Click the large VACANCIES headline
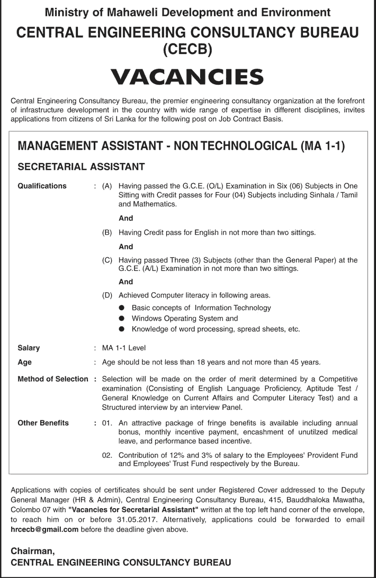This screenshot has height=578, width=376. pyautogui.click(x=188, y=77)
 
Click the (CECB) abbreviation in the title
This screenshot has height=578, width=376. pyautogui.click(x=187, y=50)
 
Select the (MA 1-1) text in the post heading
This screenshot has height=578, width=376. pyautogui.click(x=322, y=146)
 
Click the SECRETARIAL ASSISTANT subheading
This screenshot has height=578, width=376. pyautogui.click(x=81, y=167)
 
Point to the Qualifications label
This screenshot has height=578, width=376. pyautogui.click(x=42, y=186)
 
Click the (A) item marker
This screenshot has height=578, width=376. pyautogui.click(x=108, y=186)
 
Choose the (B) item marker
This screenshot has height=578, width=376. pyautogui.click(x=108, y=232)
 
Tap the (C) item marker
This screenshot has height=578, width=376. pyautogui.click(x=108, y=260)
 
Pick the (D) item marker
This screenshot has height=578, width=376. pyautogui.click(x=108, y=295)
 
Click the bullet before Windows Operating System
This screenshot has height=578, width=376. pyautogui.click(x=122, y=319)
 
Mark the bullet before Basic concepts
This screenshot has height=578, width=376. pyautogui.click(x=122, y=308)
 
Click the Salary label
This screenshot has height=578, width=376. pyautogui.click(x=29, y=348)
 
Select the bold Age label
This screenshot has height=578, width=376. pyautogui.click(x=24, y=362)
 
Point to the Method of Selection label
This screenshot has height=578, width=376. pyautogui.click(x=52, y=379)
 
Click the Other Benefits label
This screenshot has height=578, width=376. pyautogui.click(x=43, y=423)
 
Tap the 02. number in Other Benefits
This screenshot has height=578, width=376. pyautogui.click(x=108, y=455)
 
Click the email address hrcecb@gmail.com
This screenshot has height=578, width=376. pyautogui.click(x=44, y=529)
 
